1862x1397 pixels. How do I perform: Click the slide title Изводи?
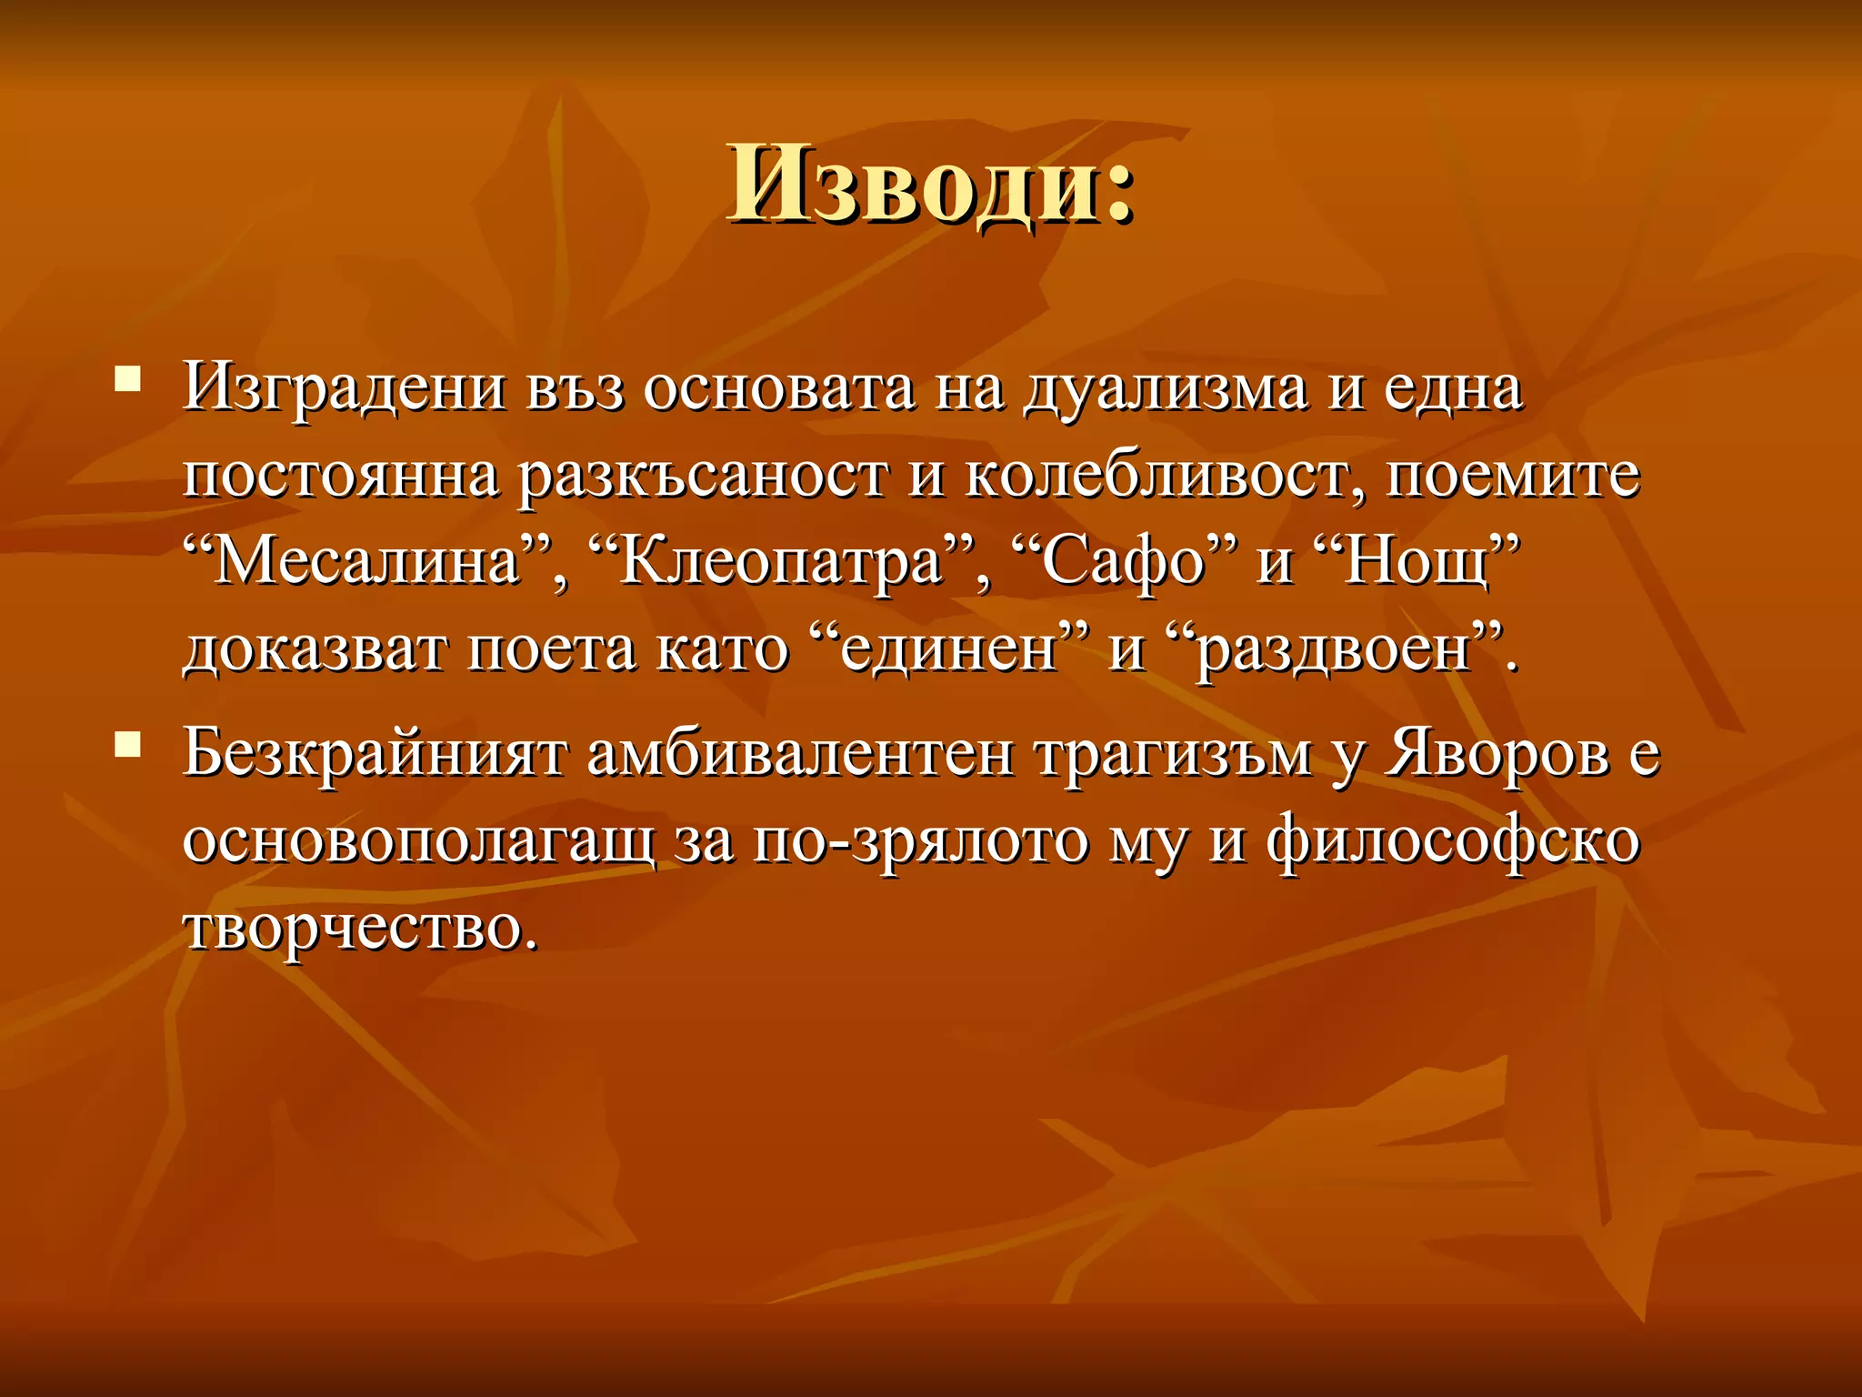pyautogui.click(x=930, y=185)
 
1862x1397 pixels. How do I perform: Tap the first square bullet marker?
pyautogui.click(x=127, y=377)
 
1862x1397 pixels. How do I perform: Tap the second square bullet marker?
pyautogui.click(x=127, y=745)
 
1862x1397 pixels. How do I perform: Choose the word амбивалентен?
pyautogui.click(x=800, y=754)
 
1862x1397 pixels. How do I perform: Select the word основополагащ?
pyautogui.click(x=418, y=841)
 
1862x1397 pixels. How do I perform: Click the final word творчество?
pyautogui.click(x=360, y=929)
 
